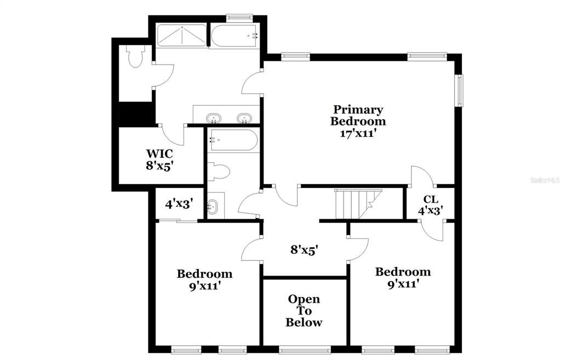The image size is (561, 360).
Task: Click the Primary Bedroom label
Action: (358, 116)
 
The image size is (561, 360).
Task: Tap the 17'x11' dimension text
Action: (358, 133)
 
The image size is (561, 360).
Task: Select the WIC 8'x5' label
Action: (159, 159)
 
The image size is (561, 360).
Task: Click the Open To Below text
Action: (304, 311)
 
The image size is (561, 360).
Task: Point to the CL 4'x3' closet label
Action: (430, 204)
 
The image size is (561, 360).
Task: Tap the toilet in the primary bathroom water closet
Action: (134, 56)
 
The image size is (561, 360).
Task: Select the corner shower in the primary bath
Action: (182, 36)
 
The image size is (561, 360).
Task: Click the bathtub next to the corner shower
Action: (234, 36)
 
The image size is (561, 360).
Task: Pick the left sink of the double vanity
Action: (213, 118)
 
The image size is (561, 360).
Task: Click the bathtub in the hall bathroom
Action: (233, 140)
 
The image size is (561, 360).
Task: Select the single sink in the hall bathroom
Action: (213, 207)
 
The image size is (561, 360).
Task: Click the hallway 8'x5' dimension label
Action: (304, 250)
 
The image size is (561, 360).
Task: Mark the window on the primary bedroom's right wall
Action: (460, 90)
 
